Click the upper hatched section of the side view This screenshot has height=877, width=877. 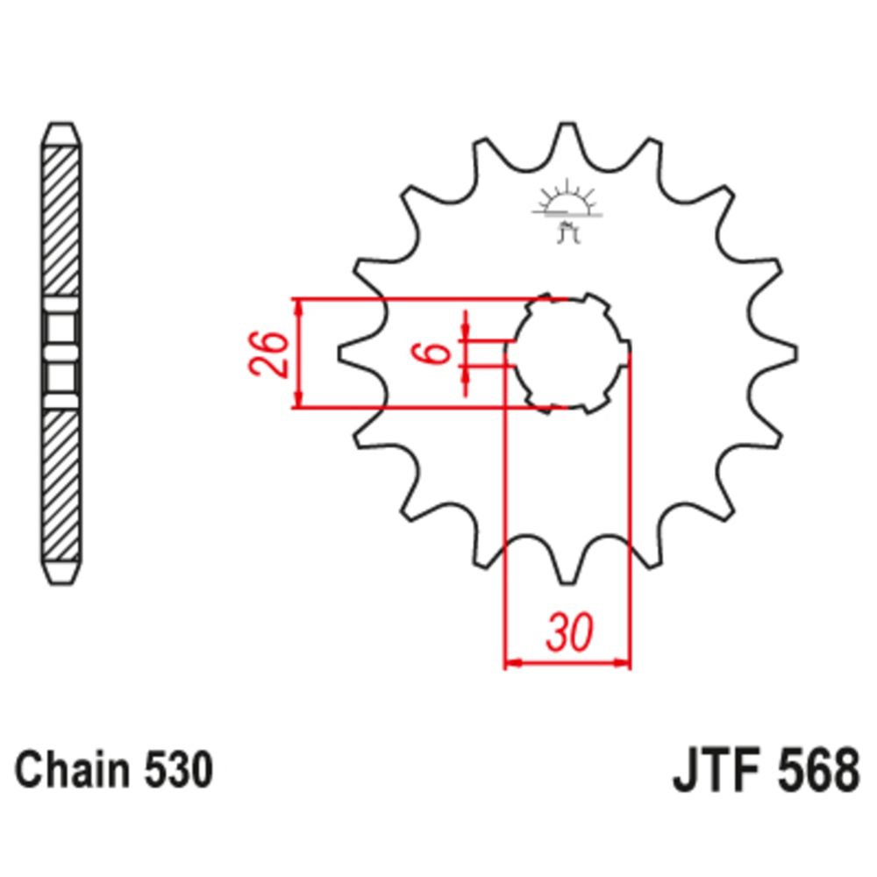pyautogui.click(x=61, y=219)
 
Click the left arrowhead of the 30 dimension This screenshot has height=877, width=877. pyautogui.click(x=512, y=662)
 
